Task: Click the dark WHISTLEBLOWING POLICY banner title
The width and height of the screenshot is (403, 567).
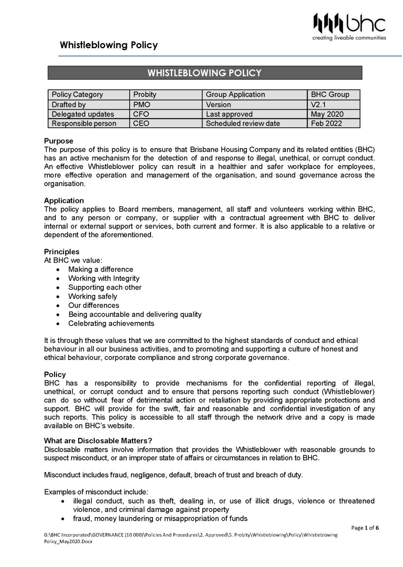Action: point(204,73)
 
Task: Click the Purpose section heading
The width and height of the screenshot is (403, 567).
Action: point(59,141)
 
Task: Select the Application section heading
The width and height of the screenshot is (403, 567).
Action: point(64,200)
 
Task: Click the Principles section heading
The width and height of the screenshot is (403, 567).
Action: point(62,252)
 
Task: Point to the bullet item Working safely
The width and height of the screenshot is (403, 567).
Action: point(93,296)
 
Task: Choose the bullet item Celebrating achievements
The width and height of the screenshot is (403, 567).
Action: point(111,323)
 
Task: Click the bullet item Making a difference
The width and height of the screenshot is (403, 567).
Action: point(100,269)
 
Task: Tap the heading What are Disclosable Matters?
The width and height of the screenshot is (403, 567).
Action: point(98,441)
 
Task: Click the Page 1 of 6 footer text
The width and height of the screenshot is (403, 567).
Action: point(365,528)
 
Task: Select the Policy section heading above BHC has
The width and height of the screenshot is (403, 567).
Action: point(55,374)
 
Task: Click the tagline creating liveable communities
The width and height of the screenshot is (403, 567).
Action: point(349,38)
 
